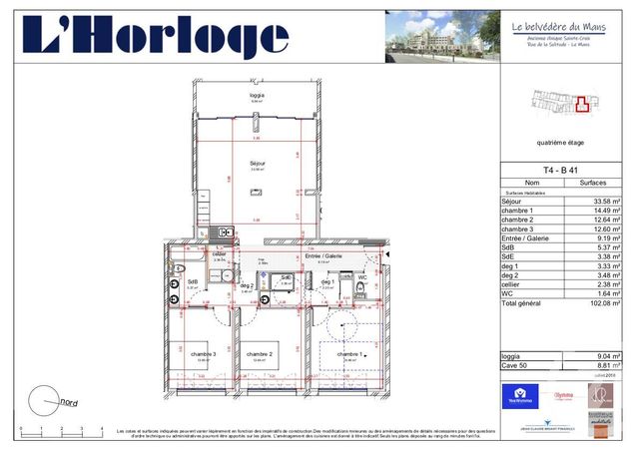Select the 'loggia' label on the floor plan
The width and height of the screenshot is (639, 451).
[258, 95]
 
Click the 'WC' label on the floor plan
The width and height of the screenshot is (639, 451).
[362, 278]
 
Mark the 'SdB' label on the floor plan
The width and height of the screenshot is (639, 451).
[192, 281]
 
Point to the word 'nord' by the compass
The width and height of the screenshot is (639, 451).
[70, 402]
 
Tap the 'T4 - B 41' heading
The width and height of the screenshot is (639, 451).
[560, 171]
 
